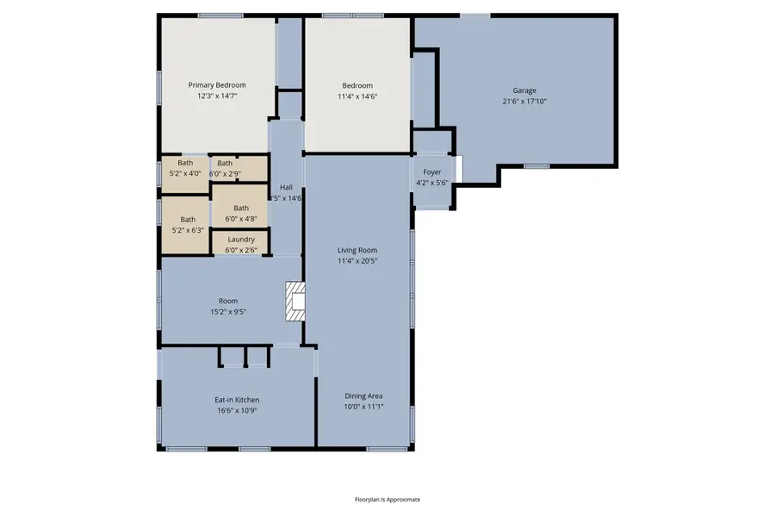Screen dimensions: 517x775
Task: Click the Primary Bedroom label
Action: point(217,85)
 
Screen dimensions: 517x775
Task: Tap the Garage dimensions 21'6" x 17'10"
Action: point(524,101)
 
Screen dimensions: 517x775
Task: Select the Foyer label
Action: point(431,172)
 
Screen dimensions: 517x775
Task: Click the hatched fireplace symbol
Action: point(295,302)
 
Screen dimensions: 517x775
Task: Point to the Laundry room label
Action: point(241,239)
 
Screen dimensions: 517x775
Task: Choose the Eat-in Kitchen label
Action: point(237,400)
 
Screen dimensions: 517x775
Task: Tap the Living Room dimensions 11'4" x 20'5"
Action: point(357,260)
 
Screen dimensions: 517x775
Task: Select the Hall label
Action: point(286,187)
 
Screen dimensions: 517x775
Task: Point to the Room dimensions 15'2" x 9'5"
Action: point(228,311)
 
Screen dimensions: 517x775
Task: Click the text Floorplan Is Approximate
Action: point(387,499)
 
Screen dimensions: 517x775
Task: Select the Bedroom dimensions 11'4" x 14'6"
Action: point(357,97)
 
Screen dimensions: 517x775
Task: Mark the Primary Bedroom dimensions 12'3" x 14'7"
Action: point(217,97)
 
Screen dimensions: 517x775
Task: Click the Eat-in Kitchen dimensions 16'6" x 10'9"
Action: point(237,410)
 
